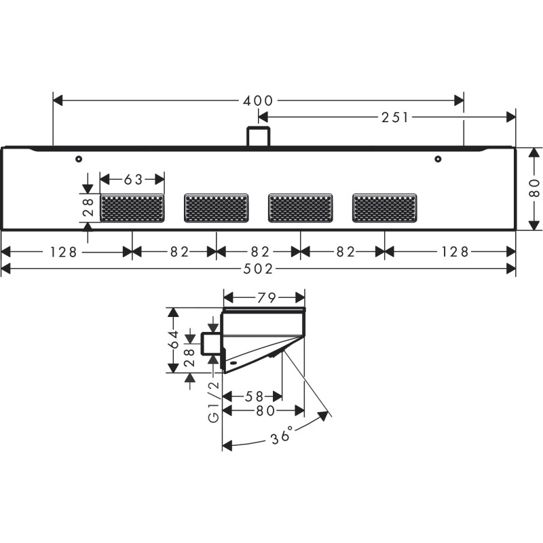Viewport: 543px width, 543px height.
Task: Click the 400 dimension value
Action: (x=259, y=100)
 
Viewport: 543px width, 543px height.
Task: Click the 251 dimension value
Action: (x=396, y=117)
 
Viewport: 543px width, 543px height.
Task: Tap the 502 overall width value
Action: (x=259, y=269)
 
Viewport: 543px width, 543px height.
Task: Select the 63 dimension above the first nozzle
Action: (x=133, y=179)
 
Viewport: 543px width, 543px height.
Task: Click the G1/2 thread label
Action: (x=213, y=402)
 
